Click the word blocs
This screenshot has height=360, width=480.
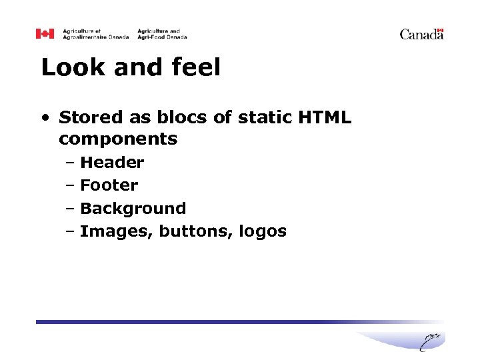coord(177,117)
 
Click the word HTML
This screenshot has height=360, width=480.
coord(326,117)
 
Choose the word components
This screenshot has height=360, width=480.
coord(118,139)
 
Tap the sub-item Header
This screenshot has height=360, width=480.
coord(112,163)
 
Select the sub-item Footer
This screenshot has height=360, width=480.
coord(109,185)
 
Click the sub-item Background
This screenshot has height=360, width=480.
coord(133,209)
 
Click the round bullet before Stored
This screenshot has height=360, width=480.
coord(45,118)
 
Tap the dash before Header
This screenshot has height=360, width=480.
coord(70,163)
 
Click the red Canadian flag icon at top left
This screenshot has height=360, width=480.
coord(45,33)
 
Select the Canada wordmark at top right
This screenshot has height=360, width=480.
coord(421,34)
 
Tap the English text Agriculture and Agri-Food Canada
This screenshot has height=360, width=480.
coord(162,34)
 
